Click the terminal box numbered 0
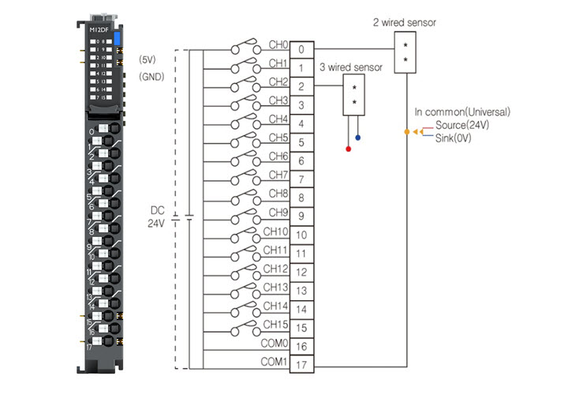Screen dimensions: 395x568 [x=301, y=50]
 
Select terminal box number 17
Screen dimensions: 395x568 [x=301, y=366]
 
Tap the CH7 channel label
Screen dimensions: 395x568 [x=278, y=175]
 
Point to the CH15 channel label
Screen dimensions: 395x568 [x=275, y=324]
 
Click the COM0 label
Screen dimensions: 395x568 [x=274, y=343]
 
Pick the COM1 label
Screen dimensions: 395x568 [x=274, y=362]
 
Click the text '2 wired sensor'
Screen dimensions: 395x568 [x=404, y=22]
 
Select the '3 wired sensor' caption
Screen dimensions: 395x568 [x=351, y=68]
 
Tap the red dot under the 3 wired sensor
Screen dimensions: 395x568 [x=349, y=148]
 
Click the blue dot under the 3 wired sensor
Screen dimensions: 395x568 [x=358, y=138]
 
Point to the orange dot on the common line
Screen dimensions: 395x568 [x=406, y=131]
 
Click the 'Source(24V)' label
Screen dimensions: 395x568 [x=461, y=125]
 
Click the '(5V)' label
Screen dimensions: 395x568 [x=148, y=59]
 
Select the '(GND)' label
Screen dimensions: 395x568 [x=150, y=77]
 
